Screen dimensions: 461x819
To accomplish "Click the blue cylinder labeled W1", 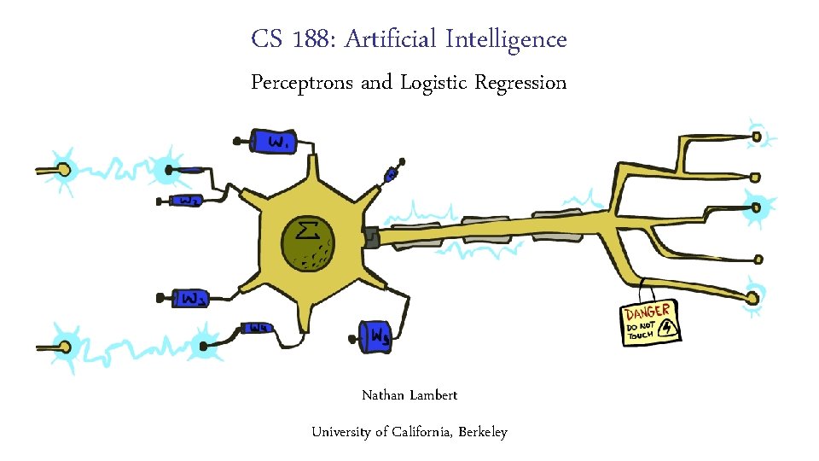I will (x=275, y=141).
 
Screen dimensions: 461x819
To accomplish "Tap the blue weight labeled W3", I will (x=193, y=298).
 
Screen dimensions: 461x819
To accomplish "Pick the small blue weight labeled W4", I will (x=257, y=328).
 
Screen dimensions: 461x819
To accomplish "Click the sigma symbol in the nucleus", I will (x=307, y=230).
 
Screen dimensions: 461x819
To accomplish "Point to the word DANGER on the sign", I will (x=648, y=312).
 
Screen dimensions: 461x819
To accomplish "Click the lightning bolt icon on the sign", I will (x=668, y=327).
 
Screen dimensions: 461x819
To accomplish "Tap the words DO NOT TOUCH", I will (x=640, y=331).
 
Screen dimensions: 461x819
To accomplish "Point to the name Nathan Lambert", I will (x=409, y=395).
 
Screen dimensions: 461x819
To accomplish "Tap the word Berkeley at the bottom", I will (x=483, y=432).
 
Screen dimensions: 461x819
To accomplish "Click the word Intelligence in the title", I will (x=513, y=39).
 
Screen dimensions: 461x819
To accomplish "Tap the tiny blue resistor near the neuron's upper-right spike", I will (x=391, y=175).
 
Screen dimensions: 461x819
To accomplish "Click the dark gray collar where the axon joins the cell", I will (x=371, y=236).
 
